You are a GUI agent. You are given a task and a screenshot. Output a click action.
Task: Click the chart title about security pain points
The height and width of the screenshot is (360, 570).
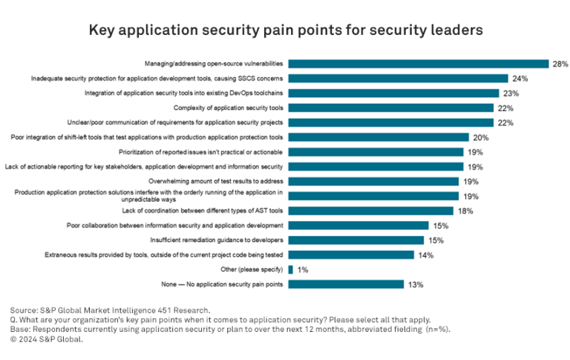click(x=286, y=30)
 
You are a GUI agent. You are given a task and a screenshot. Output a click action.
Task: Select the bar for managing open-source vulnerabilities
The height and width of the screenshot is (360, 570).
click(x=418, y=64)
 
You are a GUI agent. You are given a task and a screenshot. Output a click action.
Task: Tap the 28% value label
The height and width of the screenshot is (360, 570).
click(x=560, y=65)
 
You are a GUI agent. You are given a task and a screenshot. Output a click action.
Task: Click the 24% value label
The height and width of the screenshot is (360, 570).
click(x=520, y=79)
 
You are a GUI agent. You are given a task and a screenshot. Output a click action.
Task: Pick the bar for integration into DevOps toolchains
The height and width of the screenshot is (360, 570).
click(x=393, y=94)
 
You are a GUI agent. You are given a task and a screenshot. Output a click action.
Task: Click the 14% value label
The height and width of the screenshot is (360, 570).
click(x=425, y=255)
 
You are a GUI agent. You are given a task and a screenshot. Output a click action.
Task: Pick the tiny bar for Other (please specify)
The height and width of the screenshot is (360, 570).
click(x=290, y=269)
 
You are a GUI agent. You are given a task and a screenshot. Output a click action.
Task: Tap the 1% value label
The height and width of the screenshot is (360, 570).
click(x=302, y=269)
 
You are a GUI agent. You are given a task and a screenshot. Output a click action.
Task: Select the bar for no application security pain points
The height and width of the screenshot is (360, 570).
click(x=346, y=284)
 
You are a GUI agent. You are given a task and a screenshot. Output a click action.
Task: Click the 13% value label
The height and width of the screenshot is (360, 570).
click(x=415, y=284)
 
